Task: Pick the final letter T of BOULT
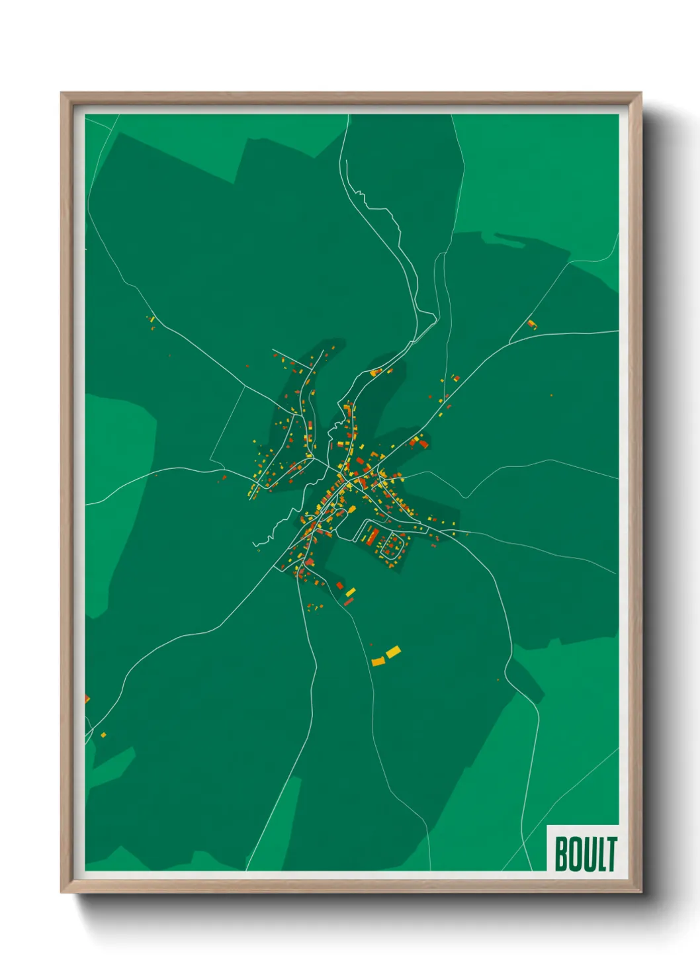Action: point(611,854)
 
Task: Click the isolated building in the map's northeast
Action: point(531,324)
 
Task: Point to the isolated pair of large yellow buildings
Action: point(386,656)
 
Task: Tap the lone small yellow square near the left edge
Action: point(104,734)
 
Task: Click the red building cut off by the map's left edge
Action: point(87,699)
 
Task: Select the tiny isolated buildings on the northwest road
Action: point(151,320)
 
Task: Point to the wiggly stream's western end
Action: point(255,544)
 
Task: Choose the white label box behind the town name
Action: point(584,849)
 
